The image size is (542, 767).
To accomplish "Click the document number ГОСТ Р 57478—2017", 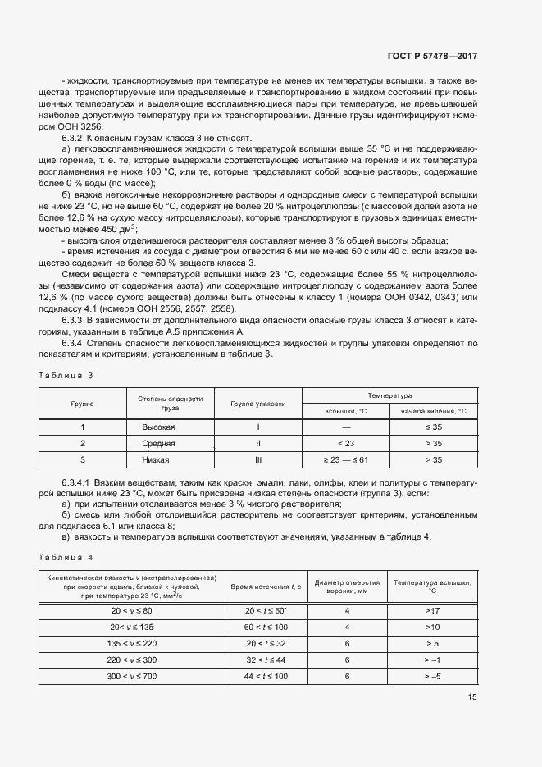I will click(433, 57).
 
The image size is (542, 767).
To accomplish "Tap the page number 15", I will click(472, 696).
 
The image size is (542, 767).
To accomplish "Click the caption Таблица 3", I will click(66, 375).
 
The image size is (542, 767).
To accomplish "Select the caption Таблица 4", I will click(66, 557).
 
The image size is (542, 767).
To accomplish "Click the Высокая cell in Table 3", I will click(158, 427).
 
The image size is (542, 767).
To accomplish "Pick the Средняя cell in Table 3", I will click(158, 444).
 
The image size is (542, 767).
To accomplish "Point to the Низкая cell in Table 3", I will click(158, 459).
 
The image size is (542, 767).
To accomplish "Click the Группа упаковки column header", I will click(257, 404).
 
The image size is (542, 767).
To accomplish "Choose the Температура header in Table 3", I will click(389, 395).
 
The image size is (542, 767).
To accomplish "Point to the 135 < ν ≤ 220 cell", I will click(132, 644).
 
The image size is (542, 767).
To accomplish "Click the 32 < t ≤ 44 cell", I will click(266, 660).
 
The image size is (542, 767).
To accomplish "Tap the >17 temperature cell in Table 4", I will click(433, 611).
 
